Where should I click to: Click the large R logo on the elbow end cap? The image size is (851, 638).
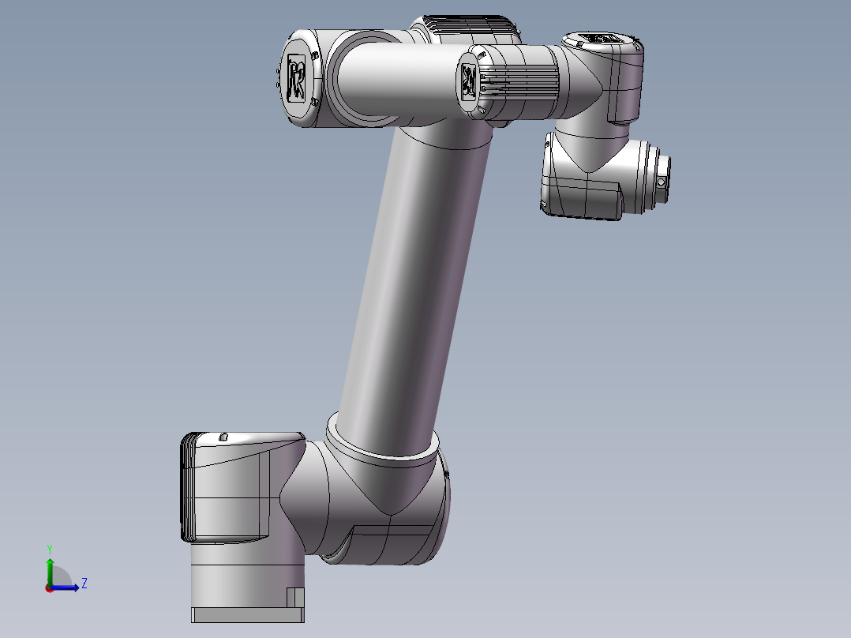pos(298,78)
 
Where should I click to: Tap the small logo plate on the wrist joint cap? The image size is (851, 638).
pos(467,81)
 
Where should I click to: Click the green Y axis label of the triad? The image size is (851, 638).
pos(49,547)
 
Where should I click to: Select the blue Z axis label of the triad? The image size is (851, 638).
pos(84,584)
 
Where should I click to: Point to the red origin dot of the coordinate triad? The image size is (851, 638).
pos(49,587)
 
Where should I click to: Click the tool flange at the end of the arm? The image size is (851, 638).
pos(658,178)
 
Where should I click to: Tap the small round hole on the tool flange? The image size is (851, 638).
pos(662,182)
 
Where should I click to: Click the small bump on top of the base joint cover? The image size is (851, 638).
pos(223,436)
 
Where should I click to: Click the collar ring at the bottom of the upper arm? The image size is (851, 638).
pos(383,446)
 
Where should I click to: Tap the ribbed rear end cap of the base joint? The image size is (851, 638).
pos(187,487)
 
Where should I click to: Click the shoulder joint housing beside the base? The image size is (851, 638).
pos(371,505)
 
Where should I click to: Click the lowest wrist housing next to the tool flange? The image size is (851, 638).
pos(584,178)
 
